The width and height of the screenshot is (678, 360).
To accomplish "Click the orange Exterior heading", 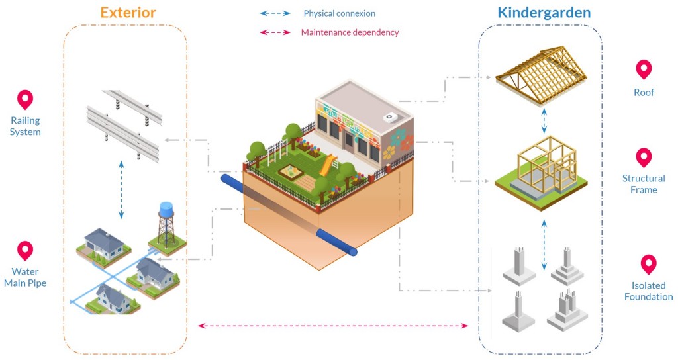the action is pos(128,12).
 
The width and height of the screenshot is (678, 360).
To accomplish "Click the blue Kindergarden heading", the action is pos(544,13).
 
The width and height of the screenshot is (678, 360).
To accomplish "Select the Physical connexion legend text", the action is pos(340,13).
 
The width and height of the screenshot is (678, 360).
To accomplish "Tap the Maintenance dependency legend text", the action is pos(350,32).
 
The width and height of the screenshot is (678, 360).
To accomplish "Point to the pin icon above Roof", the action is pos(644,69).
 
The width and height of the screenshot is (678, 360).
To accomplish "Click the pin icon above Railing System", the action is pos(25,99).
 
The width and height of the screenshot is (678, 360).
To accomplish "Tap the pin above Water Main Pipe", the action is pos(25,251).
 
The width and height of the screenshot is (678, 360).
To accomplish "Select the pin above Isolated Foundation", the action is pos(648,265).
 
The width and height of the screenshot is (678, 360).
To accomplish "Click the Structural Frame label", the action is pos(644,184).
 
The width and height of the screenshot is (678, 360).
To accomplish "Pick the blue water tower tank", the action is pos(166,210).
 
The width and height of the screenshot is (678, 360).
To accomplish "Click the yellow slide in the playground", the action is pos(328,165).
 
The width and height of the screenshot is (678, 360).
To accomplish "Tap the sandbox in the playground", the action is pos(291,173).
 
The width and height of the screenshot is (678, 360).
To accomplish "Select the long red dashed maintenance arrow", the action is pos(333,326).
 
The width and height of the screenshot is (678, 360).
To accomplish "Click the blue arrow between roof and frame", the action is pos(544,120).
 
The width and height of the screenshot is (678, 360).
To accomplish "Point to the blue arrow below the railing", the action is pos(122,189).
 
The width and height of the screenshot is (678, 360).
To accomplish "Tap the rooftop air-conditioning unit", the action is pos(391,116).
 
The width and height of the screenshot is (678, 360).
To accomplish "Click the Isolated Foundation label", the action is pos(648,291).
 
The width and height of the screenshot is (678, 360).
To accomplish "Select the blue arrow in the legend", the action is pos(275,13).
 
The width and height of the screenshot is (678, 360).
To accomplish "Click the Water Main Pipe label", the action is pos(25,277).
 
